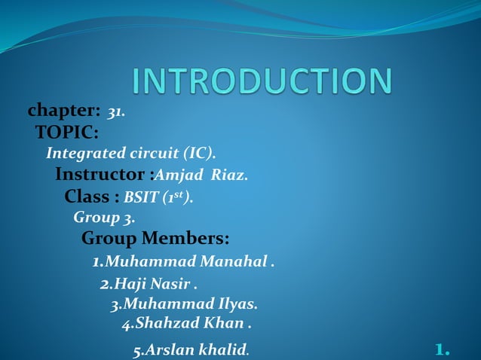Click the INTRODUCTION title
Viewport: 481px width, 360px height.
(262, 81)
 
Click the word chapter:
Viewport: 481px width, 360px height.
(64, 111)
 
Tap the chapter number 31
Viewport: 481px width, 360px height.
(115, 112)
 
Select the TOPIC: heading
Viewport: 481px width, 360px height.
(67, 133)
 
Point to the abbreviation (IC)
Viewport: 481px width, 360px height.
(199, 154)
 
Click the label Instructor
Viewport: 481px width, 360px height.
(101, 175)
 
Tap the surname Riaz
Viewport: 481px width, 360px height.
(228, 176)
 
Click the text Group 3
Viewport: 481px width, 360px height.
(104, 218)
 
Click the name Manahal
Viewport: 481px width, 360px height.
(233, 262)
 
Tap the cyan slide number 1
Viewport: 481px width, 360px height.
(442, 349)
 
